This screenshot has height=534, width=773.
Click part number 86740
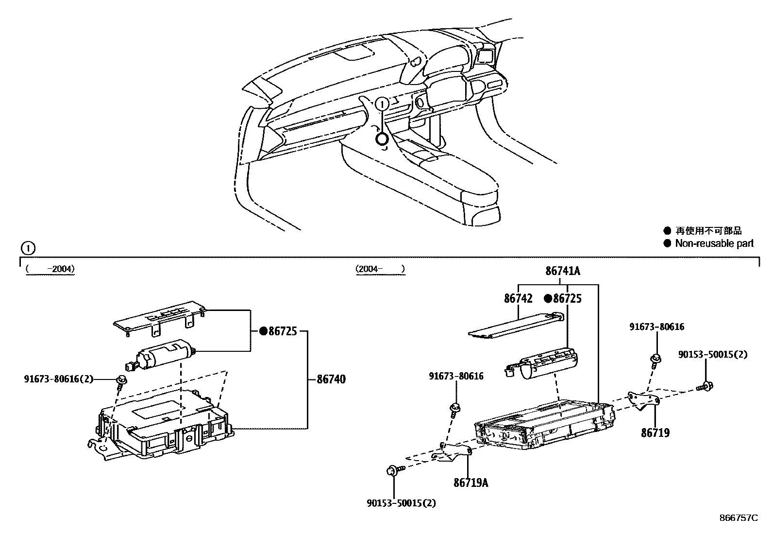pyautogui.click(x=331, y=379)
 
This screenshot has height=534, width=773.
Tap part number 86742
pyautogui.click(x=518, y=298)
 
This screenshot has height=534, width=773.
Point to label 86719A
pyautogui.click(x=471, y=482)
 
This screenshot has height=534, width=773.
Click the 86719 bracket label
pyautogui.click(x=655, y=432)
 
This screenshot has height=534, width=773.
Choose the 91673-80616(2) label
pyautogui.click(x=58, y=379)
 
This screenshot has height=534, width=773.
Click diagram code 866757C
pyautogui.click(x=738, y=517)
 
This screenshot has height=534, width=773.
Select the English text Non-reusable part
pyautogui.click(x=714, y=243)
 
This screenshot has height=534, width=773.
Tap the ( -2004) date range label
pyautogui.click(x=50, y=269)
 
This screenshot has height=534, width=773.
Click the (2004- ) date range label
pyautogui.click(x=380, y=269)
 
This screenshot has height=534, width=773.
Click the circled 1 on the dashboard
pyautogui.click(x=383, y=103)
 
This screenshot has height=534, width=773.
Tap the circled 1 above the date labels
pyautogui.click(x=28, y=249)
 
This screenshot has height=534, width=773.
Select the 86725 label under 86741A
pyautogui.click(x=567, y=298)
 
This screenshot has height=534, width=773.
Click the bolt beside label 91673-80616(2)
pyautogui.click(x=121, y=381)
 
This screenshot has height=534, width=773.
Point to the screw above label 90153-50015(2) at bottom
pyautogui.click(x=393, y=470)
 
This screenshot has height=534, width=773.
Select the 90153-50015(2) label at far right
pyautogui.click(x=712, y=355)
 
